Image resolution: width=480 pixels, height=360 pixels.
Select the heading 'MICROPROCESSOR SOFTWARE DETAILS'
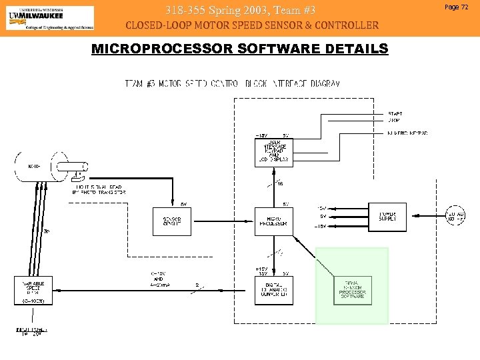(x=239, y=49)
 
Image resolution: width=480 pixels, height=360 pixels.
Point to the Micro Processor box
(x=273, y=221)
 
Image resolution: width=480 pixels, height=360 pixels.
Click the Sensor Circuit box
(x=172, y=221)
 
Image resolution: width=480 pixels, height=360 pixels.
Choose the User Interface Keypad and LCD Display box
(x=273, y=151)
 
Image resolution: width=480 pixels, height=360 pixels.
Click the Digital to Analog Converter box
(x=273, y=289)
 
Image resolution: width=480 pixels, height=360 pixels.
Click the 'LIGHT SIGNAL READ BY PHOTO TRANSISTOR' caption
(x=99, y=189)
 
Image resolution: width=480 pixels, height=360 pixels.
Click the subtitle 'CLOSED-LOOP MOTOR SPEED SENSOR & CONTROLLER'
(x=252, y=26)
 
